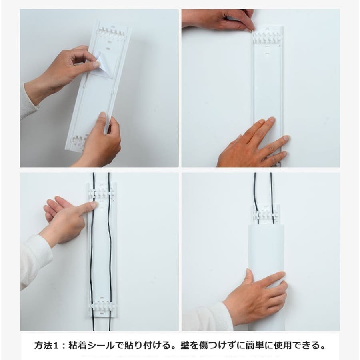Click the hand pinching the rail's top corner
tap(220, 20)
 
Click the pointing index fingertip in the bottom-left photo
tap(94, 204)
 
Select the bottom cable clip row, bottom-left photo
tap(102, 305)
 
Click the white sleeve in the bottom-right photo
tap(206, 318)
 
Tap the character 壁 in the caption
tap(185, 345)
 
